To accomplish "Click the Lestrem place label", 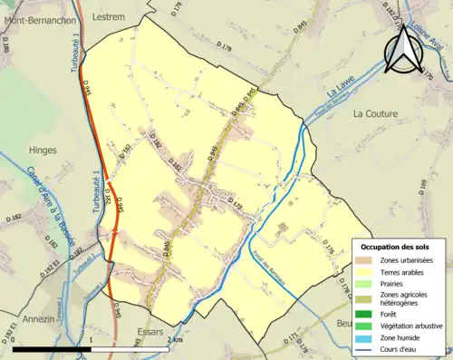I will point(109,16).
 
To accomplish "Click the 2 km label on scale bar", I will point(176,340).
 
